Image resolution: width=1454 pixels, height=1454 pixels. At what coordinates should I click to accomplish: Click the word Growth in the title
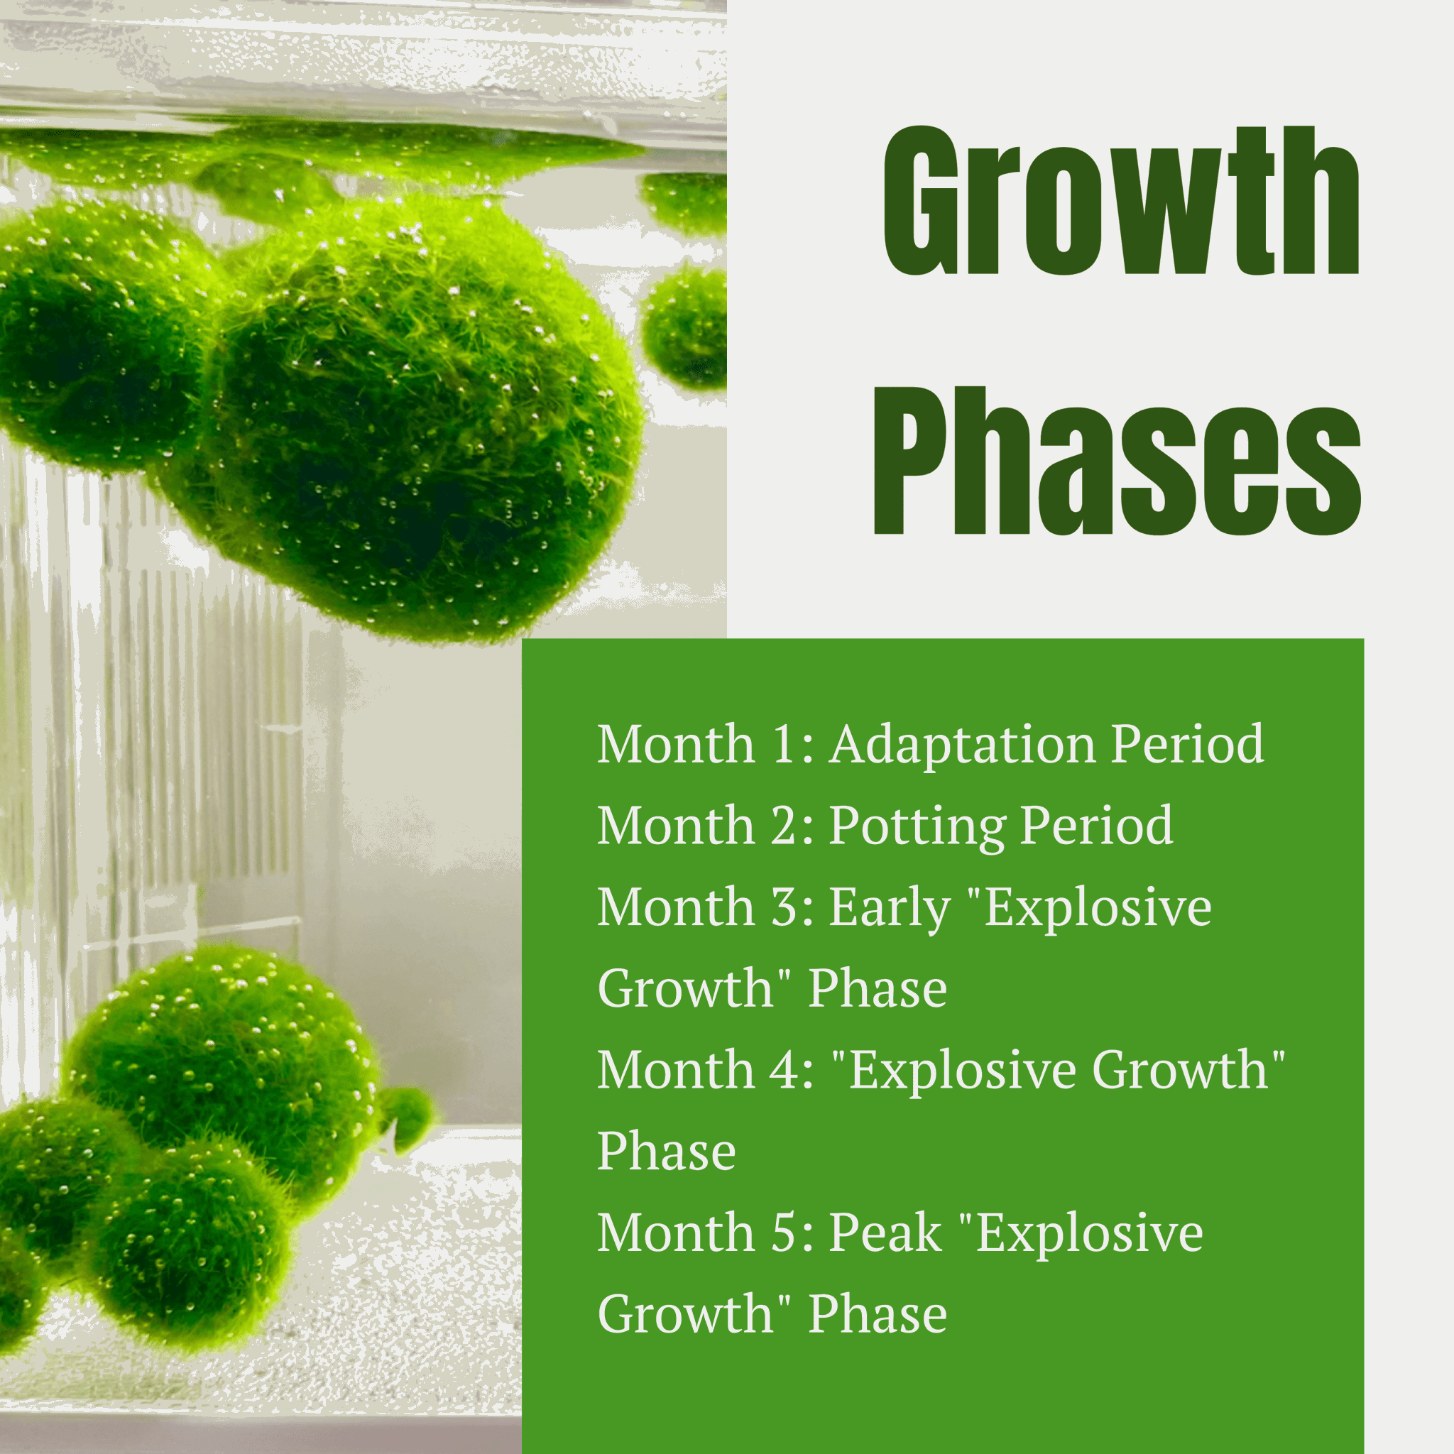click(1121, 201)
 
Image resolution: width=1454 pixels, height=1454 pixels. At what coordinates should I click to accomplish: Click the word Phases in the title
click(1117, 461)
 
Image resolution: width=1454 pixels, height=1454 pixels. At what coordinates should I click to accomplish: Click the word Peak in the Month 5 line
click(886, 1232)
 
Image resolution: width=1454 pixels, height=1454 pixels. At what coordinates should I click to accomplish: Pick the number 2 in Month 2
click(785, 826)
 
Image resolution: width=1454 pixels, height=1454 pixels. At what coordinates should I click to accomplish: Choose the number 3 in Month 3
click(785, 908)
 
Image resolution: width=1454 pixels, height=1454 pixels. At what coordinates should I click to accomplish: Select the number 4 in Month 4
click(785, 1070)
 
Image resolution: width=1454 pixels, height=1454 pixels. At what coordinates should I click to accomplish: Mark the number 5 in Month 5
click(785, 1233)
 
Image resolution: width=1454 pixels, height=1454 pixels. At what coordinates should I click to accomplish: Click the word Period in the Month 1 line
click(1188, 745)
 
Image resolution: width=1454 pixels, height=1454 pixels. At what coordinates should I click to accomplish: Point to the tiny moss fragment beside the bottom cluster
click(406, 1117)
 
